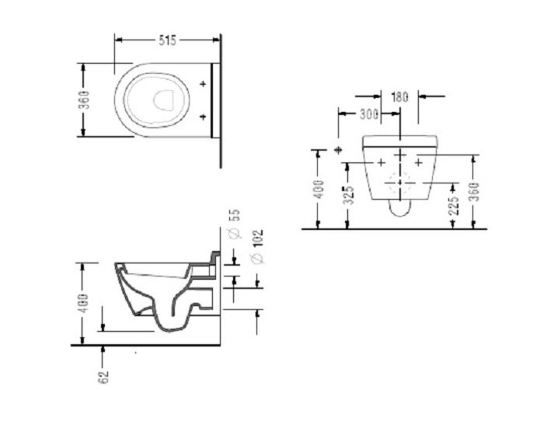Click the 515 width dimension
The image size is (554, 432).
(x=167, y=40)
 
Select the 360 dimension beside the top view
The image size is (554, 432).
(x=85, y=100)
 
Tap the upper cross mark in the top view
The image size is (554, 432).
(x=203, y=84)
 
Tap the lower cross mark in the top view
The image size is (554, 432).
(x=203, y=116)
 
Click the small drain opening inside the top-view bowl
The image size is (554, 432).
(x=163, y=99)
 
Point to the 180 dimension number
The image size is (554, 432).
(x=399, y=97)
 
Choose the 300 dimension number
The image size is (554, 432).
(x=369, y=114)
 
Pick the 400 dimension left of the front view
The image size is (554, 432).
(x=319, y=189)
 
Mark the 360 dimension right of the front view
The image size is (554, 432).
(x=474, y=192)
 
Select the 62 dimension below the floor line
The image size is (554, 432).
(x=104, y=377)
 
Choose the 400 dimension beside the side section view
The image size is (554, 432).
(x=83, y=303)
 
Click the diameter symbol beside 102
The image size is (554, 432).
(x=258, y=259)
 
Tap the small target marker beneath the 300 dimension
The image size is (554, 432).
(x=339, y=150)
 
